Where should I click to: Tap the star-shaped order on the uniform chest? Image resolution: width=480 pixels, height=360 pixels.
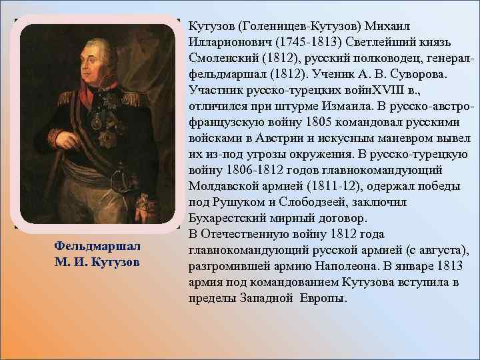pos(105,139)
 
